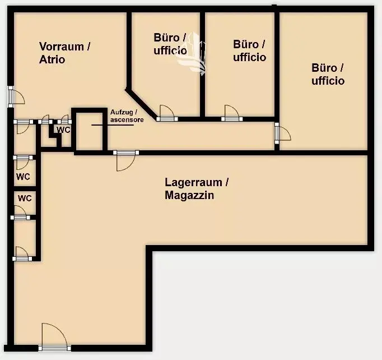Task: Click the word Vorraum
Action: tap(62, 47)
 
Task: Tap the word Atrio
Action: tap(52, 59)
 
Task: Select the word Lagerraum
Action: tap(193, 182)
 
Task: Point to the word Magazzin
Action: tap(189, 195)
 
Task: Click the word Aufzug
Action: tap(122, 112)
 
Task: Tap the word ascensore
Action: tap(127, 120)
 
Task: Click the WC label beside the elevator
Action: tap(64, 130)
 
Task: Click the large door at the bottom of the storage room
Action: tap(54, 337)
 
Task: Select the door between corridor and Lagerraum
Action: tap(126, 161)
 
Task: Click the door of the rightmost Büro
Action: tap(283, 133)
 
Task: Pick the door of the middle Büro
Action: tap(232, 113)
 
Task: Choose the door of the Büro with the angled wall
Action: tap(167, 113)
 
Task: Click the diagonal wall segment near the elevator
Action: tap(141, 104)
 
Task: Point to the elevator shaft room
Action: tap(90, 131)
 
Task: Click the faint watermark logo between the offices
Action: tap(192, 53)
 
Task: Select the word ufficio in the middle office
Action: tap(249, 57)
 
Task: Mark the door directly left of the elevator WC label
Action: tap(45, 119)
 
